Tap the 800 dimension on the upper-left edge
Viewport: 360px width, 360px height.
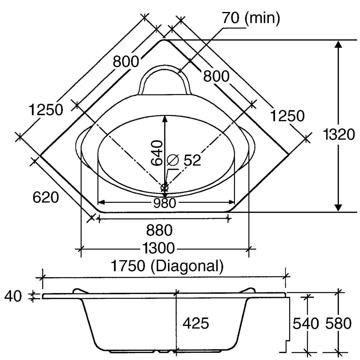(x=126, y=62)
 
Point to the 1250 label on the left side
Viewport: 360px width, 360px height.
(x=46, y=110)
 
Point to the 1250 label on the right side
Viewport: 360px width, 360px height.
(x=287, y=116)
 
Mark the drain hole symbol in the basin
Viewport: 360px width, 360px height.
(x=165, y=188)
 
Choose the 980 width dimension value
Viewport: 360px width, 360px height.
(x=164, y=203)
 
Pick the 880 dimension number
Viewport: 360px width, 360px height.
(x=159, y=230)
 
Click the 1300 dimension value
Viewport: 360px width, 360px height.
(x=158, y=248)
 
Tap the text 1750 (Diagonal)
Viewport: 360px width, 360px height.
(x=167, y=266)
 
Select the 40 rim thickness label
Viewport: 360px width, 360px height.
(x=13, y=296)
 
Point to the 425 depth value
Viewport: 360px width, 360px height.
(x=196, y=323)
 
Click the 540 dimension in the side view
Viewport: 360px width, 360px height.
(x=305, y=323)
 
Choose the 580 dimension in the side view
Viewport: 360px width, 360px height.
(x=338, y=323)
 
